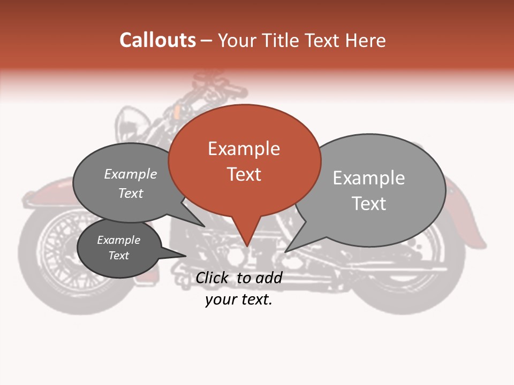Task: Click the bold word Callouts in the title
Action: click(157, 40)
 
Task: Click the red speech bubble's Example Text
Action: click(244, 161)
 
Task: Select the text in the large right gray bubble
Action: click(369, 190)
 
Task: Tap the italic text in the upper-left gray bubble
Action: click(131, 183)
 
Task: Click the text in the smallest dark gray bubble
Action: click(119, 248)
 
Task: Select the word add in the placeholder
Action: click(269, 278)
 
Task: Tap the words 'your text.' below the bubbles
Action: click(239, 299)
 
